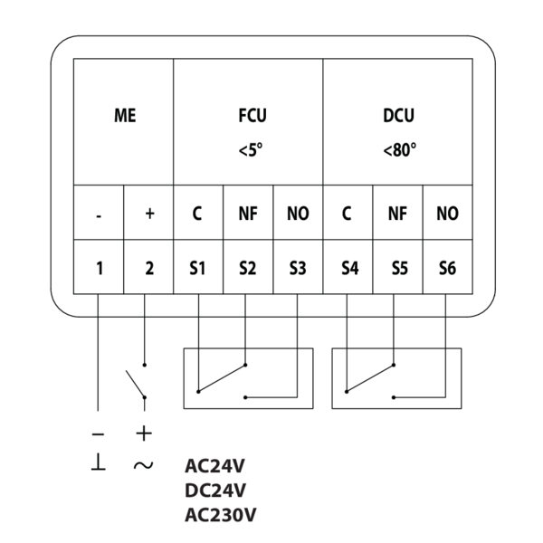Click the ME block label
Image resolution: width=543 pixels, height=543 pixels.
click(x=124, y=117)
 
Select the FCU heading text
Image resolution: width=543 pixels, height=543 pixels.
click(x=247, y=117)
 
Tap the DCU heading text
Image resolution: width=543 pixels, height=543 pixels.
click(x=398, y=117)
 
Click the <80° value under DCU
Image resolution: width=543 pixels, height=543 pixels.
click(x=398, y=150)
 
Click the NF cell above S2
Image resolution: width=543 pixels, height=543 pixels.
click(x=248, y=214)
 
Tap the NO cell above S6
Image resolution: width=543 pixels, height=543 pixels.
click(x=447, y=214)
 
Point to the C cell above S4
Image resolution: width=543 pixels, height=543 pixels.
click(x=347, y=214)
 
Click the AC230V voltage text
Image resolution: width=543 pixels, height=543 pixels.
click(x=220, y=515)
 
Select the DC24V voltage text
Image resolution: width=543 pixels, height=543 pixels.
click(x=215, y=491)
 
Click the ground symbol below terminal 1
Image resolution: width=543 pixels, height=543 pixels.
click(x=98, y=463)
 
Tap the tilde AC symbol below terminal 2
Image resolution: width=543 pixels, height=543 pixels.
click(x=143, y=465)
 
